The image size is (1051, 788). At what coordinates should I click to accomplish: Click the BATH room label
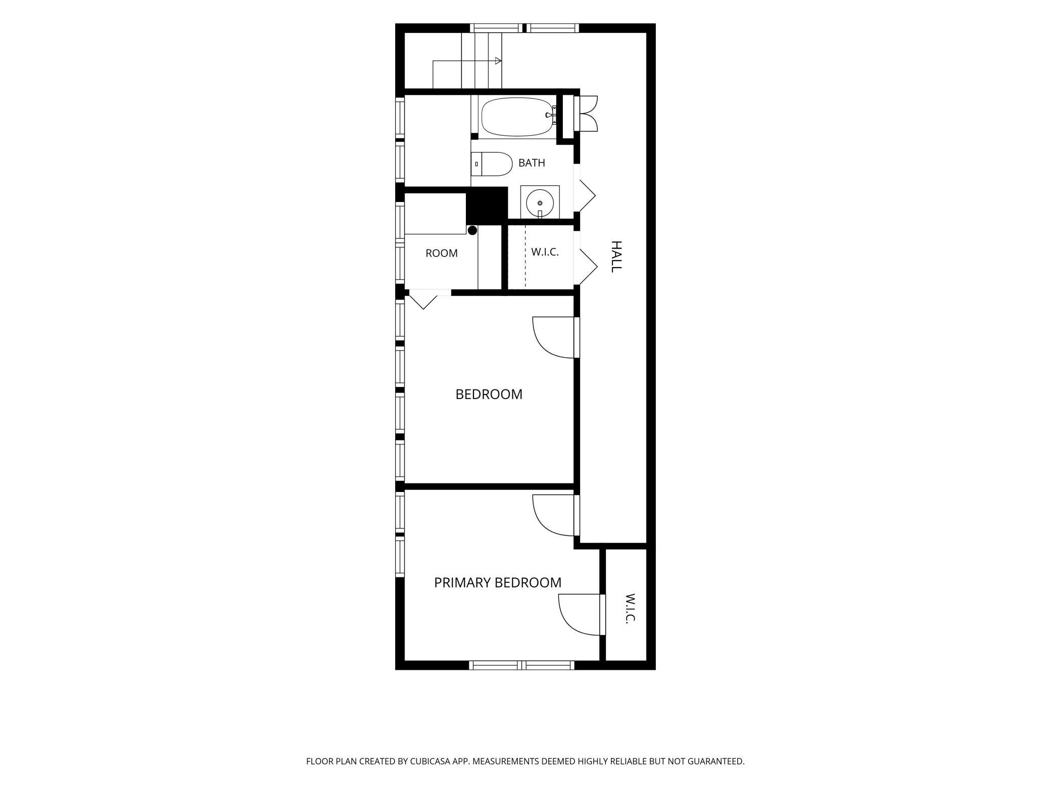[532, 163]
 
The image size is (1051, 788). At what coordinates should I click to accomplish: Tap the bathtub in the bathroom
[516, 117]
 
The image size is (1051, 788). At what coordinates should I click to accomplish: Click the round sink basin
[540, 203]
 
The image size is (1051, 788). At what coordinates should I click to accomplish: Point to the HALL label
[616, 257]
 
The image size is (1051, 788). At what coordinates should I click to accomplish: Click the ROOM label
[442, 253]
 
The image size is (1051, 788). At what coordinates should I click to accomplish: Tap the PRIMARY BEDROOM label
[498, 582]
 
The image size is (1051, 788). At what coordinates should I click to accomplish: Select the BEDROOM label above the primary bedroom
[489, 394]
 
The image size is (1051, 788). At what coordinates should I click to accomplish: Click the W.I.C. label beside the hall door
[545, 252]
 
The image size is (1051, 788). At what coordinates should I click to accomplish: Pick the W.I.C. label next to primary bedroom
[630, 609]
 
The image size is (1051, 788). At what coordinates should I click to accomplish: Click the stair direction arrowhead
[498, 61]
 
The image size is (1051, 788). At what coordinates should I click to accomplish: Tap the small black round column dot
[472, 230]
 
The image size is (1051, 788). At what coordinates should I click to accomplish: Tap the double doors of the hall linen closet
[588, 113]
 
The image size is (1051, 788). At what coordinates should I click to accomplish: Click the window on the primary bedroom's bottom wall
[522, 665]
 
